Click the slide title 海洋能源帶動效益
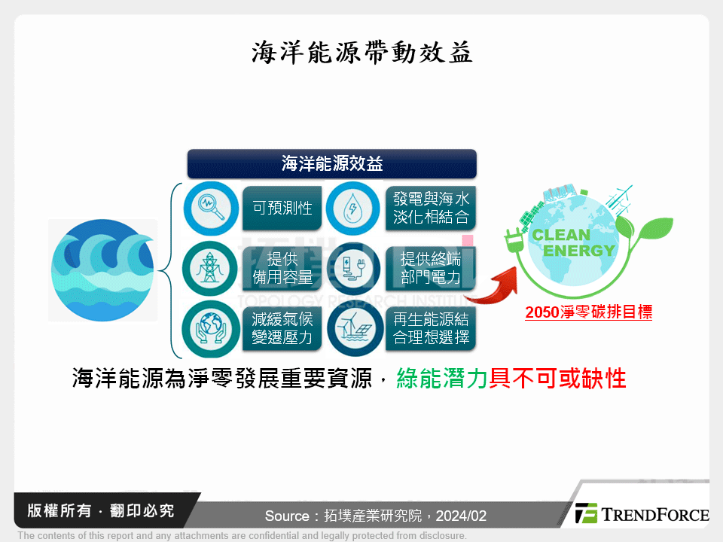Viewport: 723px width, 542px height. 361,52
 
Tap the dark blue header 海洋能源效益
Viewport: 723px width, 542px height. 331,164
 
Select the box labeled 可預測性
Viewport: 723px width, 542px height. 282,208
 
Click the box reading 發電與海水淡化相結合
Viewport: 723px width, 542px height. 431,208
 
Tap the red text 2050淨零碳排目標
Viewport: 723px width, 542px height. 588,312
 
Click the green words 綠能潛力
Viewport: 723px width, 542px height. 442,378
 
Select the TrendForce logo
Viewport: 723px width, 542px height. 642,514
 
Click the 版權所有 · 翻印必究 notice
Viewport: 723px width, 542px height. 100,510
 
